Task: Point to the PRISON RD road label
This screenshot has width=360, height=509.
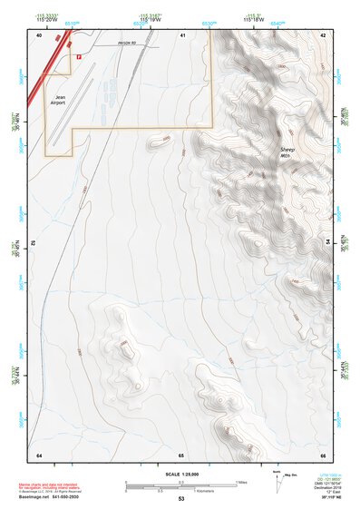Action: pyautogui.click(x=131, y=43)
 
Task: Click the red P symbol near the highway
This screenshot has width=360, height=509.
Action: pyautogui.click(x=79, y=56)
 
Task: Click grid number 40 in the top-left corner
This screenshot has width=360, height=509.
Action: pyautogui.click(x=39, y=34)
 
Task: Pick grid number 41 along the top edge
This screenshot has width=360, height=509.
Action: pyautogui.click(x=182, y=34)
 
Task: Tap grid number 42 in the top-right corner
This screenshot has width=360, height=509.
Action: pyautogui.click(x=323, y=34)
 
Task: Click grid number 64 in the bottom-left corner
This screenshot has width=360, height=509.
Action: pyautogui.click(x=39, y=454)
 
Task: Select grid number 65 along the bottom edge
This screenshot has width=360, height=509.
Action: pyautogui.click(x=181, y=454)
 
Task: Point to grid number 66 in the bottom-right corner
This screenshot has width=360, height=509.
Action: pyautogui.click(x=323, y=454)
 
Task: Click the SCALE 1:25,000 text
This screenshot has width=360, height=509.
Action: pyautogui.click(x=180, y=474)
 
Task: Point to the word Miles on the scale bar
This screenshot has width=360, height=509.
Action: pyautogui.click(x=241, y=482)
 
